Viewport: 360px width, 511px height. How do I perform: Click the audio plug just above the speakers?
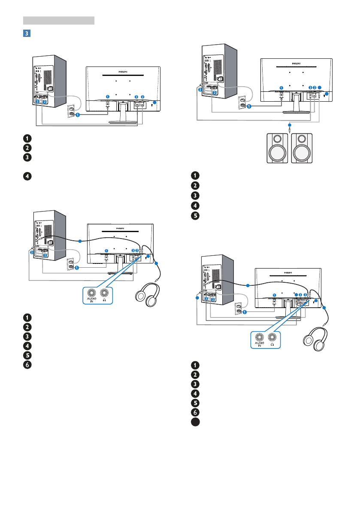(x=290, y=127)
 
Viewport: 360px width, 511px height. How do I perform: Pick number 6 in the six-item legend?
(x=27, y=364)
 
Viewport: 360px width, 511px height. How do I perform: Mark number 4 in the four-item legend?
(x=27, y=175)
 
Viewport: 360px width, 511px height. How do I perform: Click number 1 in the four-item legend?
(x=27, y=138)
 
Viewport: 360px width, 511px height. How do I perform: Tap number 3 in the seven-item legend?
(x=195, y=384)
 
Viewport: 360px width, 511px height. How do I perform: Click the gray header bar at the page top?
(x=58, y=20)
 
